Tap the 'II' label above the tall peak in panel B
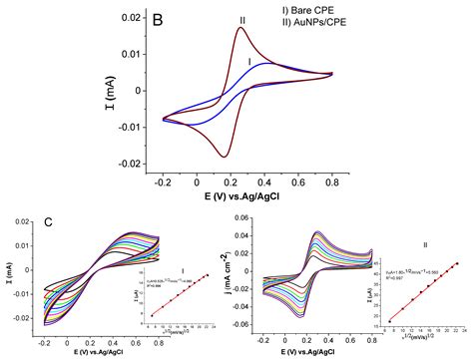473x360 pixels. [x=242, y=19]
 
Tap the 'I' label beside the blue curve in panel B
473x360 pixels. [x=249, y=61]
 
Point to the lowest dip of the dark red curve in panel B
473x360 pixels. [x=226, y=157]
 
